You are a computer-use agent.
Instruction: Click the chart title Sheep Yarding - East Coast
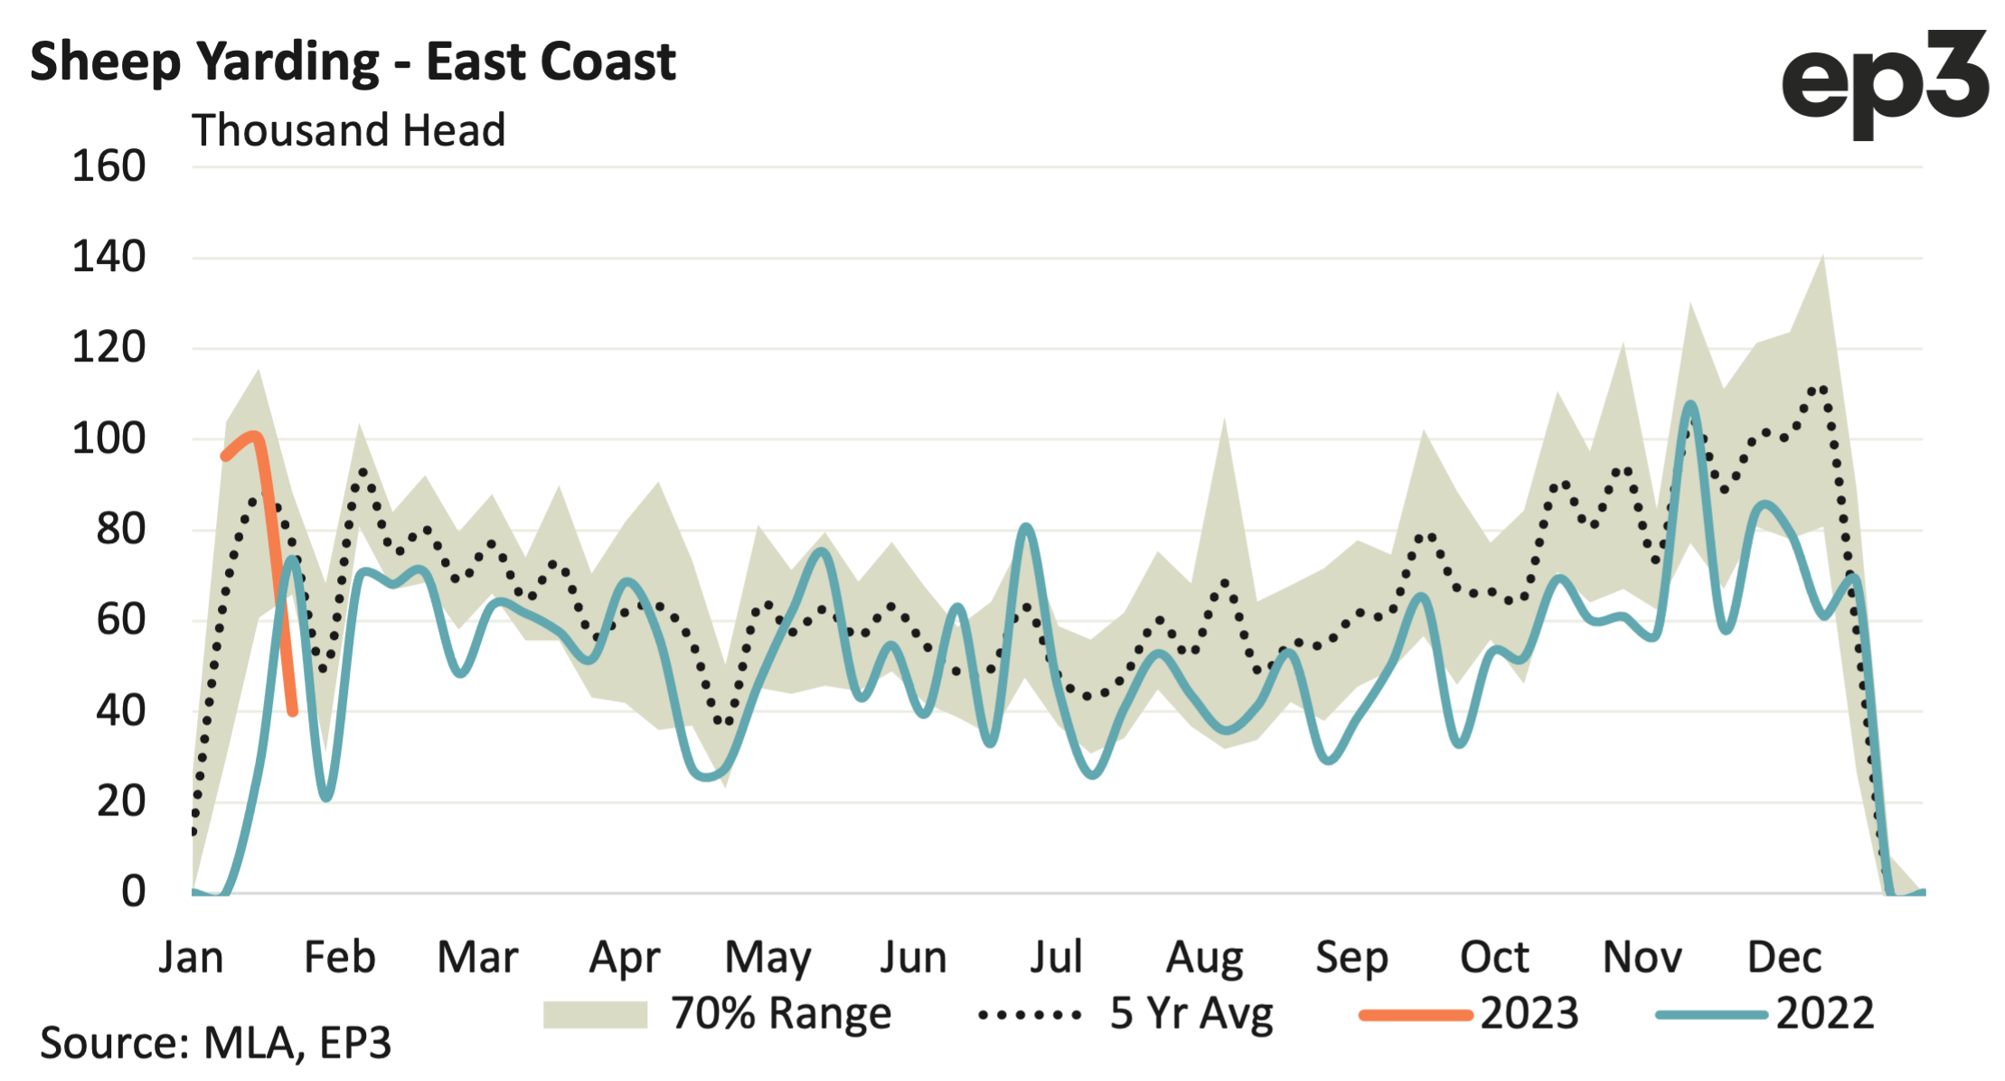click(x=353, y=61)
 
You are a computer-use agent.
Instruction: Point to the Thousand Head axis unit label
click(x=348, y=130)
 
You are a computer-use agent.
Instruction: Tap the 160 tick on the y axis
click(x=108, y=167)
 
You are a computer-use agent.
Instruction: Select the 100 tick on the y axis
click(x=108, y=439)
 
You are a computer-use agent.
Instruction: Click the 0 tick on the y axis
click(x=133, y=892)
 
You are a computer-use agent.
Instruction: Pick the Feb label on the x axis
click(x=339, y=957)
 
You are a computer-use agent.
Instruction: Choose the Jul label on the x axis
click(x=1056, y=957)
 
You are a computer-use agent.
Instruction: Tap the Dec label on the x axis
click(x=1784, y=957)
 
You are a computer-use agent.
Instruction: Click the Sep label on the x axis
click(x=1351, y=957)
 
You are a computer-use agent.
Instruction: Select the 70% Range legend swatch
click(x=595, y=1014)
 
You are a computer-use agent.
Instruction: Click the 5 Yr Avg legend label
click(x=1191, y=1014)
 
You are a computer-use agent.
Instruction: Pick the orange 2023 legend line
click(x=1416, y=1015)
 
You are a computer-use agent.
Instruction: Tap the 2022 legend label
click(x=1824, y=1014)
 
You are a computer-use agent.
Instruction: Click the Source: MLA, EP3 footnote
click(x=215, y=1043)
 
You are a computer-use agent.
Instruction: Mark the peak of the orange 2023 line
click(x=254, y=437)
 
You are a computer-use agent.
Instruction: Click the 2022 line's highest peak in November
click(x=1690, y=405)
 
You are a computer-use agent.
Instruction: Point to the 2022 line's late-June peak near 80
click(x=1025, y=526)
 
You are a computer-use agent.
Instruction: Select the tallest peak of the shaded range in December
click(x=1821, y=257)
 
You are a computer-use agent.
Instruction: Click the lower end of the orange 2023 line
click(x=293, y=712)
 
